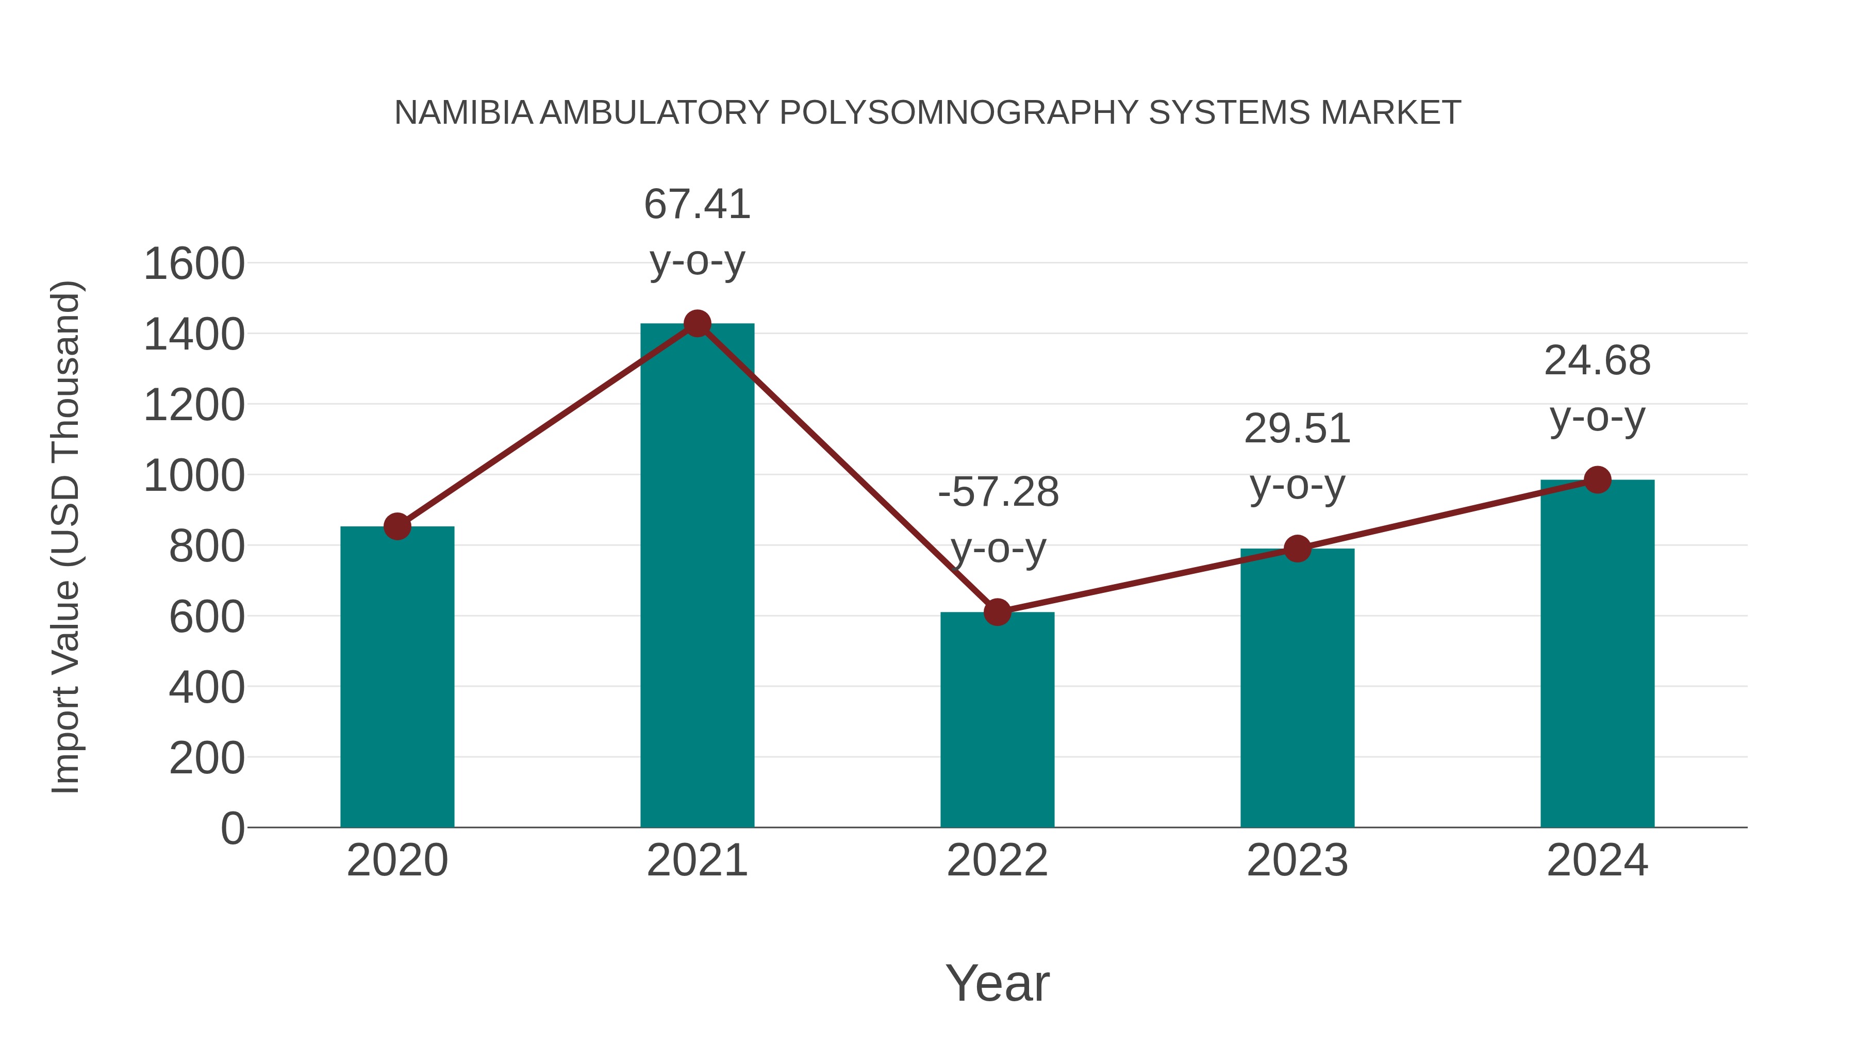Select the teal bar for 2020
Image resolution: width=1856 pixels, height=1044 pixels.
coord(397,677)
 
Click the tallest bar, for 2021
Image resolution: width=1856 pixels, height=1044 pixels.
coord(697,576)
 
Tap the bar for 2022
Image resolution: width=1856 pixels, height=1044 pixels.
coord(997,721)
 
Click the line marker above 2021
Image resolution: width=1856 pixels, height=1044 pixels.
coord(697,323)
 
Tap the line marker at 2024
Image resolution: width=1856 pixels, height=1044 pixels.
coord(1597,479)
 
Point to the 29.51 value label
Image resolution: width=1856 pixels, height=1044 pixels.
coord(1297,429)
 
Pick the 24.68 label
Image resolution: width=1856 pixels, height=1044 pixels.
coord(1597,361)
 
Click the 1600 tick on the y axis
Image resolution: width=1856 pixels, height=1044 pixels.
coord(194,263)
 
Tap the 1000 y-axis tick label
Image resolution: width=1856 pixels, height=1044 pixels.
coord(194,475)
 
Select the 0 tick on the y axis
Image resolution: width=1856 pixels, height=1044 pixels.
coord(232,828)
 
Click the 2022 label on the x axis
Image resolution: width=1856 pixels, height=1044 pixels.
coord(997,860)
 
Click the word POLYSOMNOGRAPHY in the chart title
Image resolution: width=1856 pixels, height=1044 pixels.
coord(959,113)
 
